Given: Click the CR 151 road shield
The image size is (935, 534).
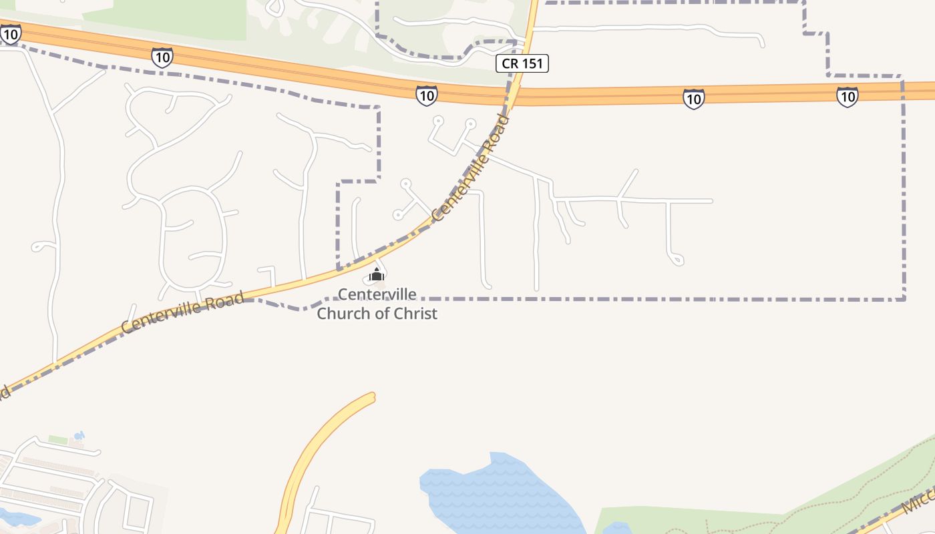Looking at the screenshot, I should coord(522,64).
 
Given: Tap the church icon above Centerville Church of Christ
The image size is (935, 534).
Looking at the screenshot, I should coord(377,274).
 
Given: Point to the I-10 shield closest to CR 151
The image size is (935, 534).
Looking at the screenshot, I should coord(426,95).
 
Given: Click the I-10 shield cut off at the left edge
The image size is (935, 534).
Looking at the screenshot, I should coord(9,33).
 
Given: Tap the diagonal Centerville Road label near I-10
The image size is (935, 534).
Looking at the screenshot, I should coord(471,168).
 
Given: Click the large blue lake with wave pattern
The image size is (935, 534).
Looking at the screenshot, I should coord(494,494).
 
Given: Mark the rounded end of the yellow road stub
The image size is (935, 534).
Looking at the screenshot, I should coord(371,398).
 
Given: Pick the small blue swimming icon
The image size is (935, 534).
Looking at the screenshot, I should coord(79,437).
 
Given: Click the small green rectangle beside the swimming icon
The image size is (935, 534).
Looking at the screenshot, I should coord(58,441).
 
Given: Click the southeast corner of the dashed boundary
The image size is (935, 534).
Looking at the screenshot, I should coord(904,298).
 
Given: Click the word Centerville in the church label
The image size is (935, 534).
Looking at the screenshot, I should coord(377,294).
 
